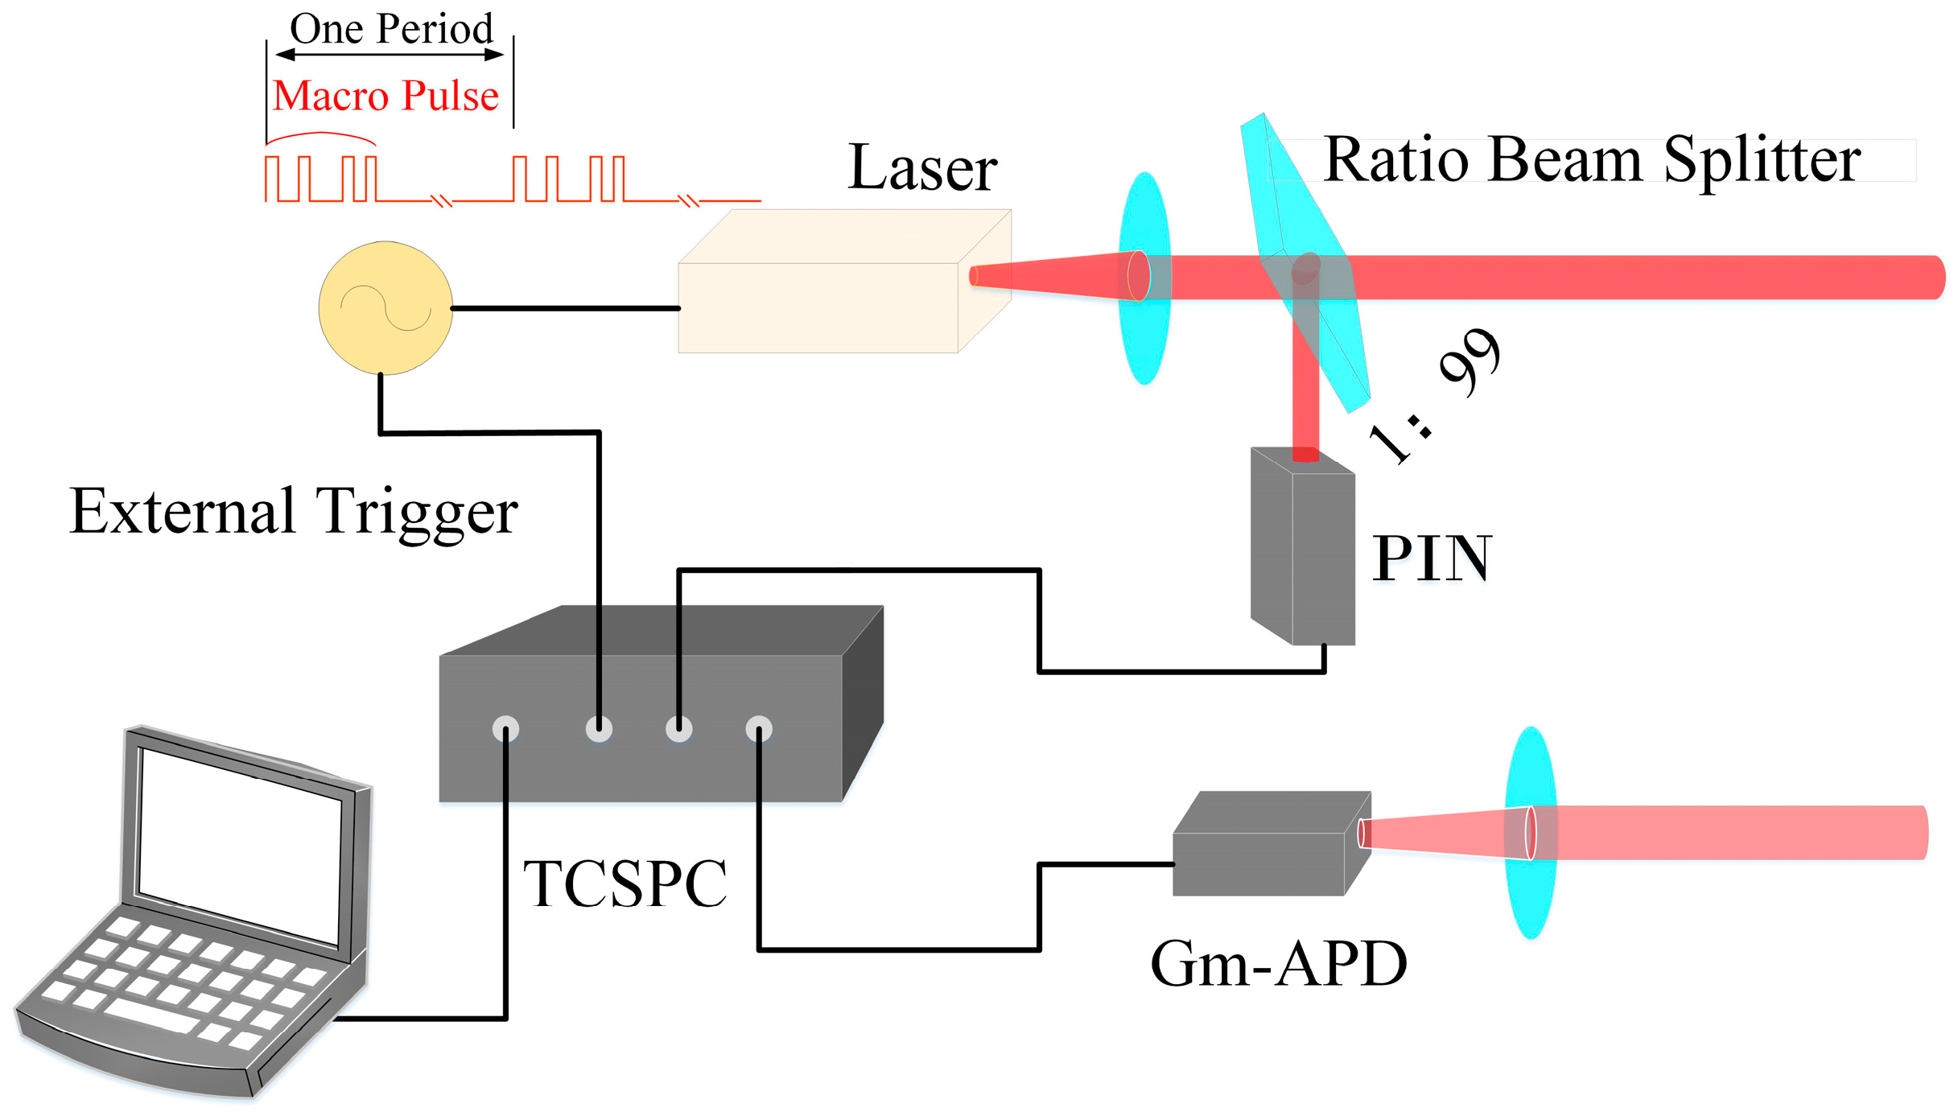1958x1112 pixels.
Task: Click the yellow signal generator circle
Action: (x=385, y=308)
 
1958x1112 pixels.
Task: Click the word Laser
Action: (x=922, y=167)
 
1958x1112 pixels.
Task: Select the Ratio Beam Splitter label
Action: (x=1591, y=159)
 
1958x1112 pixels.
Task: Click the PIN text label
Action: (x=1432, y=558)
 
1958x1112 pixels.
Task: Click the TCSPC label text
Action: (x=625, y=883)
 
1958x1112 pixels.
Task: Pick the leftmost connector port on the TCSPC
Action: (x=505, y=729)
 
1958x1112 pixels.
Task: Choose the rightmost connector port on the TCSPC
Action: (x=758, y=729)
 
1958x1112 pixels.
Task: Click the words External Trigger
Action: (x=294, y=512)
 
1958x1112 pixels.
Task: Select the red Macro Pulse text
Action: (x=385, y=95)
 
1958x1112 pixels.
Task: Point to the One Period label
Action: (x=391, y=29)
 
